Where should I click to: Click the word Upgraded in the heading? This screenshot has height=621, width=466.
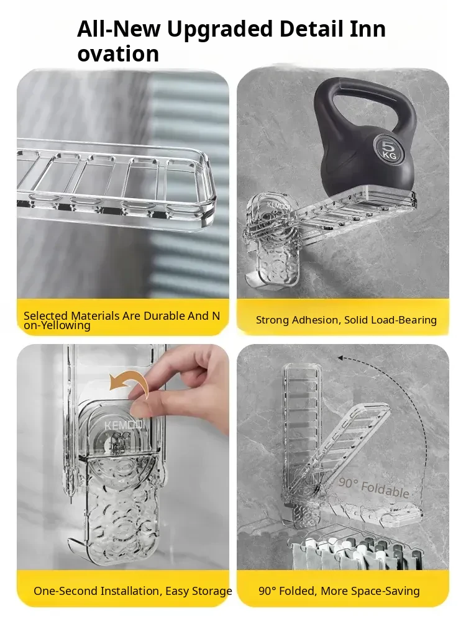point(219,30)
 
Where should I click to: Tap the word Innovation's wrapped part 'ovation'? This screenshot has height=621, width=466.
point(118,54)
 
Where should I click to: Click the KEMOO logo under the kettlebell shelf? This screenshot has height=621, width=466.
point(278,205)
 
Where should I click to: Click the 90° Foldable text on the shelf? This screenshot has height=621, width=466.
point(373,487)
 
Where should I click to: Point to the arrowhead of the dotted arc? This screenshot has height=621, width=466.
point(340,358)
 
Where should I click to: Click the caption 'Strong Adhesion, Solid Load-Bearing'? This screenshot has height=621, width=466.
point(346,320)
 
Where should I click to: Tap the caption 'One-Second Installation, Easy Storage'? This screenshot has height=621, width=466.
point(133,591)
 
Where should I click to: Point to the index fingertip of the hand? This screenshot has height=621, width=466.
point(136,393)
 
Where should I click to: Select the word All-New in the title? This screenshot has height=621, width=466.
point(119,29)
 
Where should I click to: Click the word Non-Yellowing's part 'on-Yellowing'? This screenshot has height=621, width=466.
point(57,325)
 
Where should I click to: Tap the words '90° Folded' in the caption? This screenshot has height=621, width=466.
point(287,591)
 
